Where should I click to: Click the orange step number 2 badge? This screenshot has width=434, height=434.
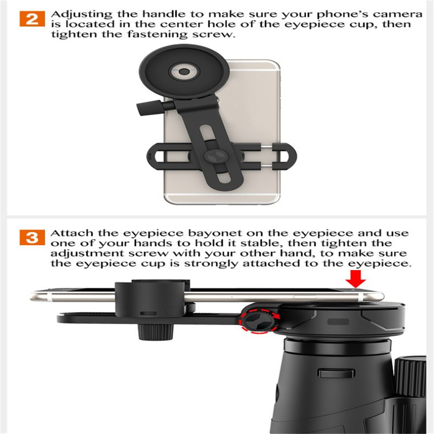[32, 19]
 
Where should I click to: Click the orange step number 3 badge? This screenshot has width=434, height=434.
[32, 237]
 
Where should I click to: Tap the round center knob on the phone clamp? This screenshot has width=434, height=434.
[216, 157]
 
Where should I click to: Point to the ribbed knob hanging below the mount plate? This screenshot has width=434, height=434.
[155, 332]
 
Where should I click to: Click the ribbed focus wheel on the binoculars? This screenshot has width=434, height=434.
[410, 377]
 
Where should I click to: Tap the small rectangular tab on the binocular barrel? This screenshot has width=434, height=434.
[336, 373]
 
